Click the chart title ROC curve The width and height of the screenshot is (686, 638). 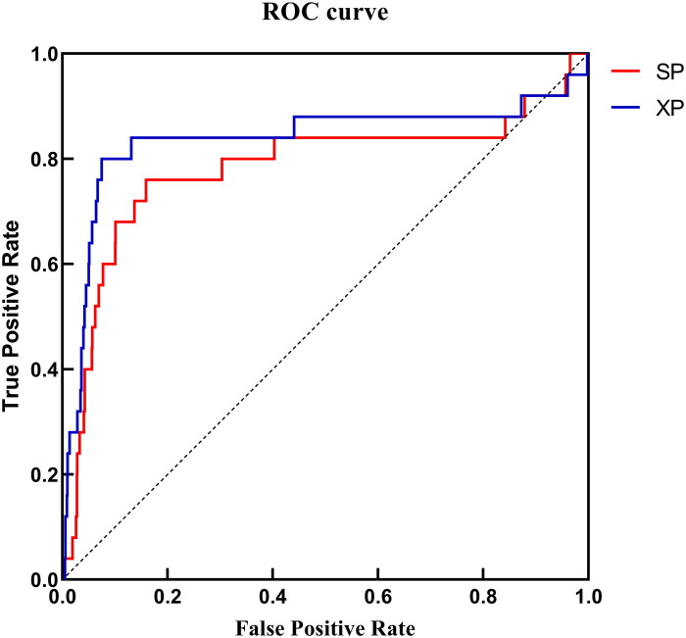point(325,12)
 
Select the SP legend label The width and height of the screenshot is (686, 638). point(669,72)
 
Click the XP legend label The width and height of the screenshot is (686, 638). point(669,108)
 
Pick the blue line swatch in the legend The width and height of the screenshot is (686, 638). point(625,108)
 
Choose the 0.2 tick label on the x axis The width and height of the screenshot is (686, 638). point(168,597)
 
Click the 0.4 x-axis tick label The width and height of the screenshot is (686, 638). point(272,597)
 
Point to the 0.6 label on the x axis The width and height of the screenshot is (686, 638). point(377,597)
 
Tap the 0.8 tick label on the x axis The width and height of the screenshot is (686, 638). point(483,597)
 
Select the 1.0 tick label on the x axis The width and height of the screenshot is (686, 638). point(588,597)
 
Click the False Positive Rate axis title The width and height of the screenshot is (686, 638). point(325,629)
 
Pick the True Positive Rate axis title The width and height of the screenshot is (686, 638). point(11,316)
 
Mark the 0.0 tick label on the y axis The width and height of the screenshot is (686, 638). point(43,580)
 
